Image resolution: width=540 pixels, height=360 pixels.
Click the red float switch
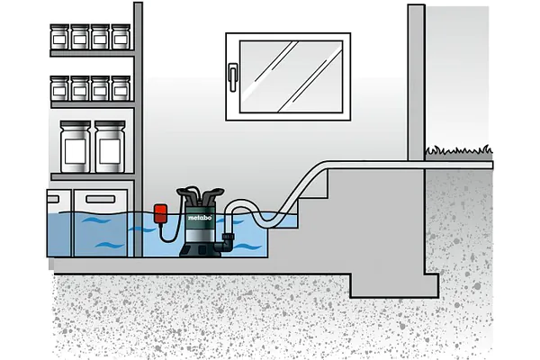tap(161, 213)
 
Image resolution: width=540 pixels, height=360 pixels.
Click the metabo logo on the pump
tap(200, 218)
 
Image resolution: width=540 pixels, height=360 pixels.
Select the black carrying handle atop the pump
tap(201, 195)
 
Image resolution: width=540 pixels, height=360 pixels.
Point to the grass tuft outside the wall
tap(459, 150)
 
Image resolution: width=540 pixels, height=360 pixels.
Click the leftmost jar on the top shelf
tap(60, 37)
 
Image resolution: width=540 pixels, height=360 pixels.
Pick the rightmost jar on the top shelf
tap(121, 37)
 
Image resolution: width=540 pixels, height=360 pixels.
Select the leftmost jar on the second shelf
tap(60, 88)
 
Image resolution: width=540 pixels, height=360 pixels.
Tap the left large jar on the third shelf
tap(75, 147)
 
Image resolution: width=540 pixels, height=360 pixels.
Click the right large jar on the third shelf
tap(110, 147)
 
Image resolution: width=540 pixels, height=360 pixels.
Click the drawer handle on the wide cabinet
tap(100, 199)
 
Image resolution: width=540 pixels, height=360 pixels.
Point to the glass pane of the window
tap(291, 76)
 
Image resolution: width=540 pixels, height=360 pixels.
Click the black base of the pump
tap(200, 249)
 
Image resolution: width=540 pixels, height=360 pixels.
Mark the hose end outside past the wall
tap(491, 165)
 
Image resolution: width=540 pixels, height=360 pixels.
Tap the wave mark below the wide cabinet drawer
tap(110, 246)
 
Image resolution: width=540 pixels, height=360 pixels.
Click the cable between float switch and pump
tap(170, 230)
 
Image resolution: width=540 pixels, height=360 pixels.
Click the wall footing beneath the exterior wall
tap(395, 285)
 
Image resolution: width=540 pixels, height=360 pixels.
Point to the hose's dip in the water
tap(268, 218)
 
